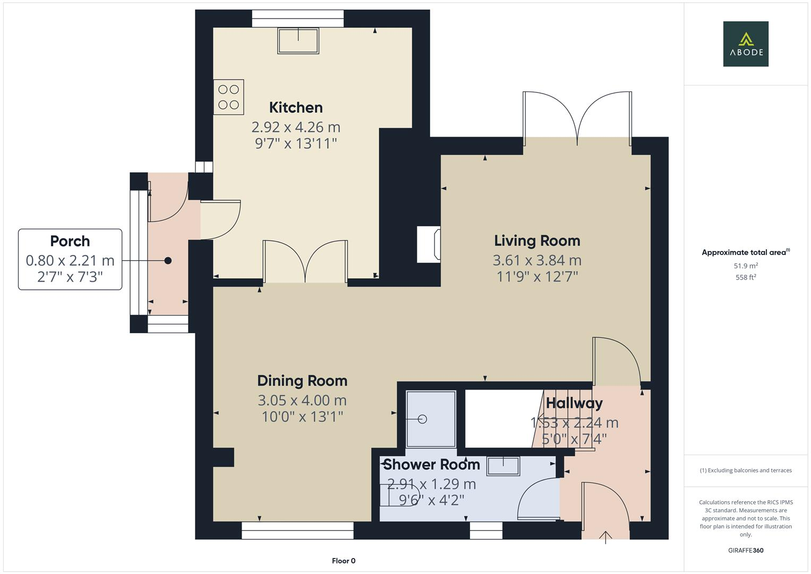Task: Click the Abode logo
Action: (746, 44)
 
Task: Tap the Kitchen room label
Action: (296, 107)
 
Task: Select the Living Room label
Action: (537, 241)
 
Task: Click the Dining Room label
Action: (302, 381)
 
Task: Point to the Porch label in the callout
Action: (70, 241)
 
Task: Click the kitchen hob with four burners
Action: (229, 97)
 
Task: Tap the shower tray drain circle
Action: (423, 419)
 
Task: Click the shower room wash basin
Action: (503, 466)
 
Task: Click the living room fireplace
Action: (429, 244)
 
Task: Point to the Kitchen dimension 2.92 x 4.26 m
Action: (296, 127)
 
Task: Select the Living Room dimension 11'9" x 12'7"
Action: (537, 276)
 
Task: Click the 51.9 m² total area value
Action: (746, 266)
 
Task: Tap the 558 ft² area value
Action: (746, 277)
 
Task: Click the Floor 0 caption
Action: (344, 561)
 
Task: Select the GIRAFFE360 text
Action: (746, 551)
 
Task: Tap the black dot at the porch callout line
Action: (168, 260)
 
